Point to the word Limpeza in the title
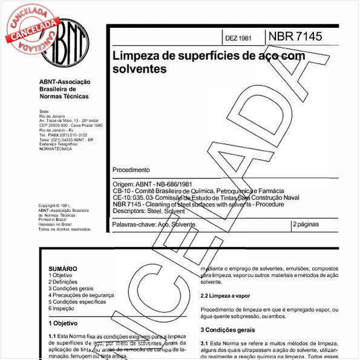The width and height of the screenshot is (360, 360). pyautogui.click(x=134, y=57)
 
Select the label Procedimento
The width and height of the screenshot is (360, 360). pyautogui.click(x=131, y=170)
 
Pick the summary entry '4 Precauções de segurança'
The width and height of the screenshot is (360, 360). pyautogui.click(x=81, y=295)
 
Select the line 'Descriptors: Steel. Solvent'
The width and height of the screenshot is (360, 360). pyautogui.click(x=149, y=211)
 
